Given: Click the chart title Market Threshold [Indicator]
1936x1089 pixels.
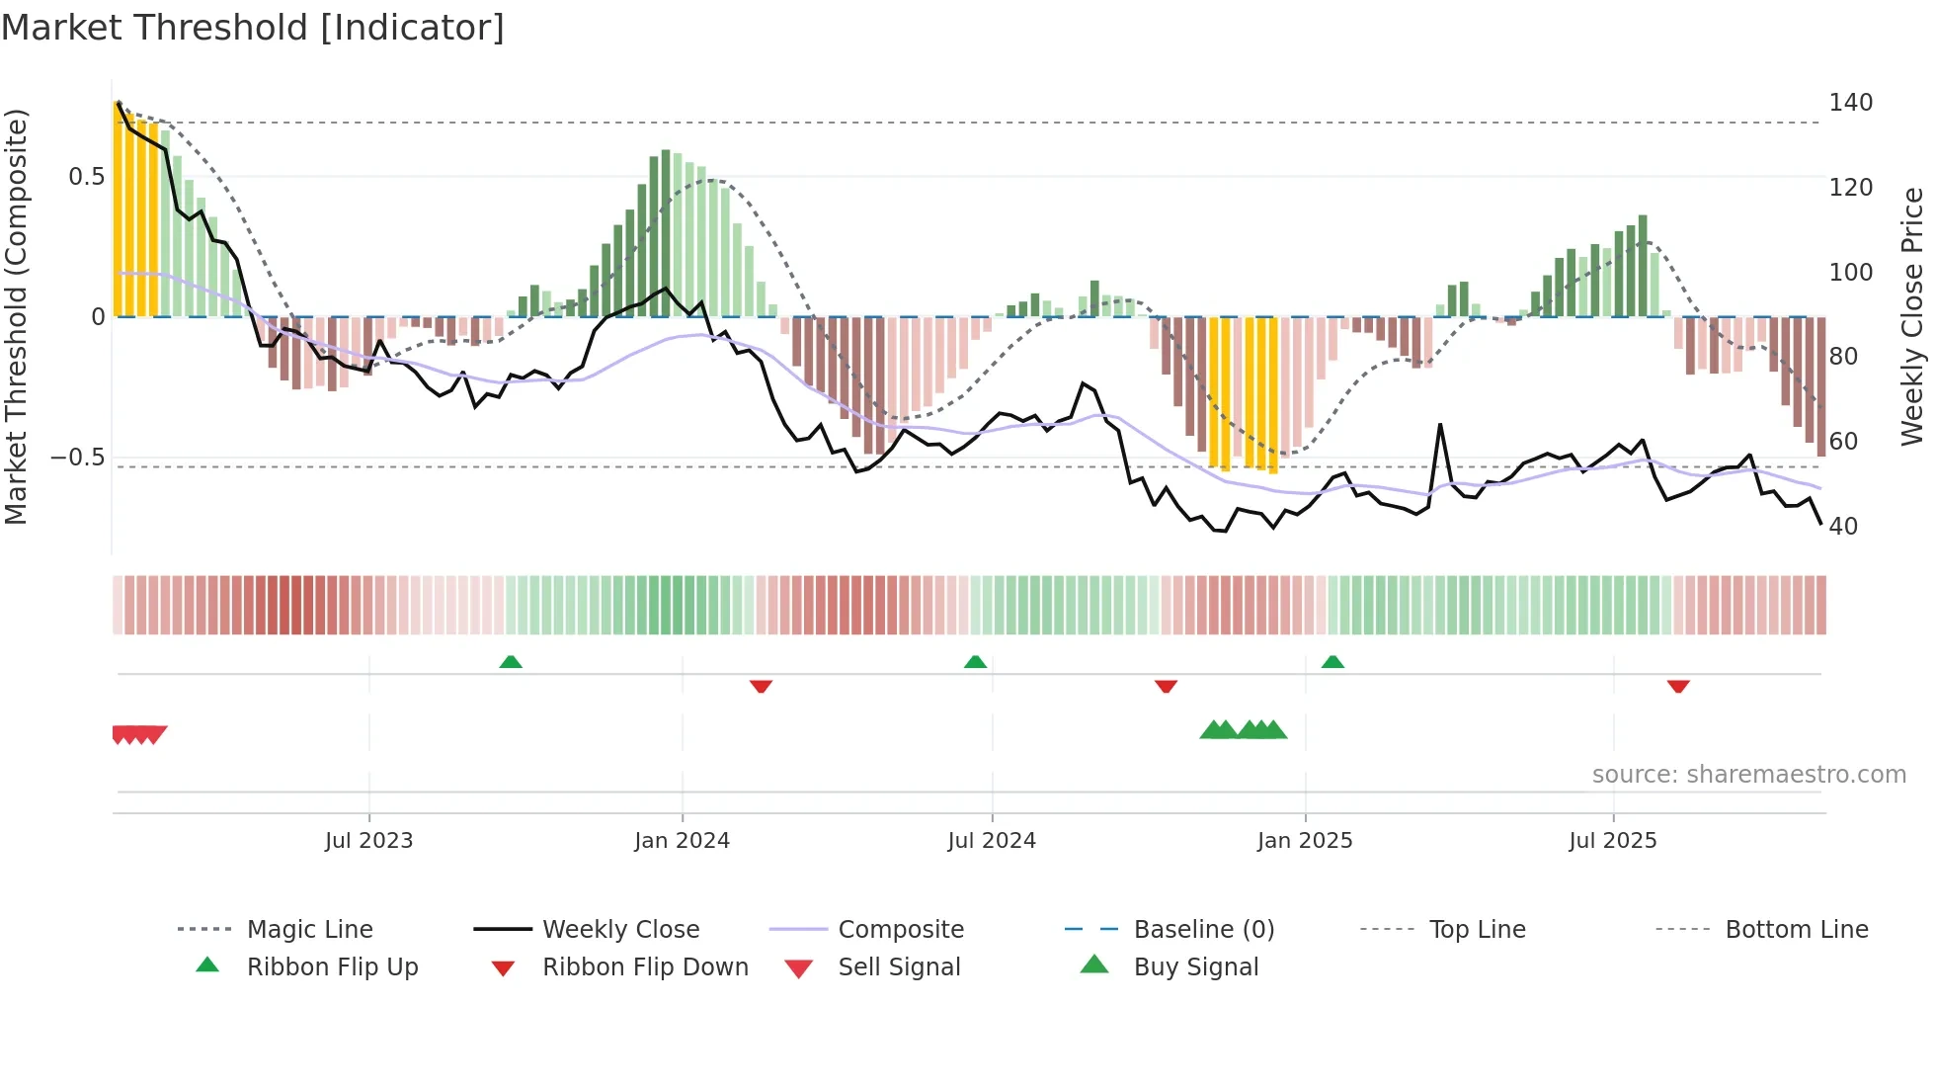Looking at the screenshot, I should pyautogui.click(x=253, y=28).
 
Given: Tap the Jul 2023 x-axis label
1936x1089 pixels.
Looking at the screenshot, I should pyautogui.click(x=368, y=841).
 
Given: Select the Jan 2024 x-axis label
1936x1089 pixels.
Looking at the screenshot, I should pyautogui.click(x=682, y=841).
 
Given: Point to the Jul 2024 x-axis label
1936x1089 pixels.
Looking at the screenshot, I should pyautogui.click(x=992, y=841).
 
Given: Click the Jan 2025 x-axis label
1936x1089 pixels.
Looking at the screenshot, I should pyautogui.click(x=1305, y=841).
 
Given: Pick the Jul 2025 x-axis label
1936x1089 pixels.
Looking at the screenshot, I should pyautogui.click(x=1613, y=841).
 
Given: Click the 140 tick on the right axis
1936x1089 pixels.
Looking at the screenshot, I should pyautogui.click(x=1850, y=103).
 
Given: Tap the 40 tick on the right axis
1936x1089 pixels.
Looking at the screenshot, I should pyautogui.click(x=1843, y=527).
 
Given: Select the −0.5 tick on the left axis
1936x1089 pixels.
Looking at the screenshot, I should pyautogui.click(x=77, y=458).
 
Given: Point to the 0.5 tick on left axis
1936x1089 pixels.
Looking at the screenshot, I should pyautogui.click(x=86, y=177).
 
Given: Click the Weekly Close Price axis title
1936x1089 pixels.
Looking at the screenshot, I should pyautogui.click(x=1913, y=316).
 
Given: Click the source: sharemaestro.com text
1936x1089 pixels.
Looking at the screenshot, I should pyautogui.click(x=1748, y=775).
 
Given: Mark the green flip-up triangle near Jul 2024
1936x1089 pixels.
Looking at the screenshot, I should pyautogui.click(x=976, y=662).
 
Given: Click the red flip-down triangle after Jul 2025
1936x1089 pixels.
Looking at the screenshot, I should pyautogui.click(x=1678, y=686).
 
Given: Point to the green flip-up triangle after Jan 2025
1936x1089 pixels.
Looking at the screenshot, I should pyautogui.click(x=1332, y=662).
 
